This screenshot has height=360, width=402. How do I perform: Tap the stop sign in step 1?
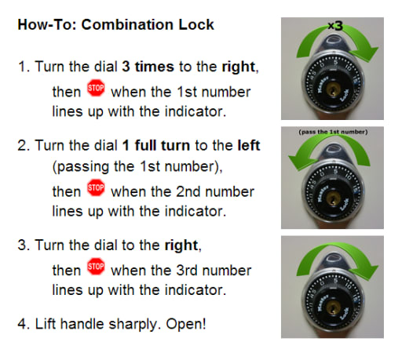[96, 88]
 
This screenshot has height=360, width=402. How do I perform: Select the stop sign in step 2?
[96, 187]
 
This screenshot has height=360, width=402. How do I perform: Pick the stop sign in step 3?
[96, 267]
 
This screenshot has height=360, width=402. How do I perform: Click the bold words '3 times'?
[148, 67]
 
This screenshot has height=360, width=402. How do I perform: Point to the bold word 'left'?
[249, 145]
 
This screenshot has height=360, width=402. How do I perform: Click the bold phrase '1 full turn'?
[156, 145]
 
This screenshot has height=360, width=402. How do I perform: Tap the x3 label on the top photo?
[335, 26]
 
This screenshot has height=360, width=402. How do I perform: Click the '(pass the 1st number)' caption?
[333, 132]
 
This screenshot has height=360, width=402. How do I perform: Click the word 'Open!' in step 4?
[186, 324]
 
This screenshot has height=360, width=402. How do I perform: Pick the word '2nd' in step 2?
[188, 191]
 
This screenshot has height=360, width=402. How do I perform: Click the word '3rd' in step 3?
[187, 271]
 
